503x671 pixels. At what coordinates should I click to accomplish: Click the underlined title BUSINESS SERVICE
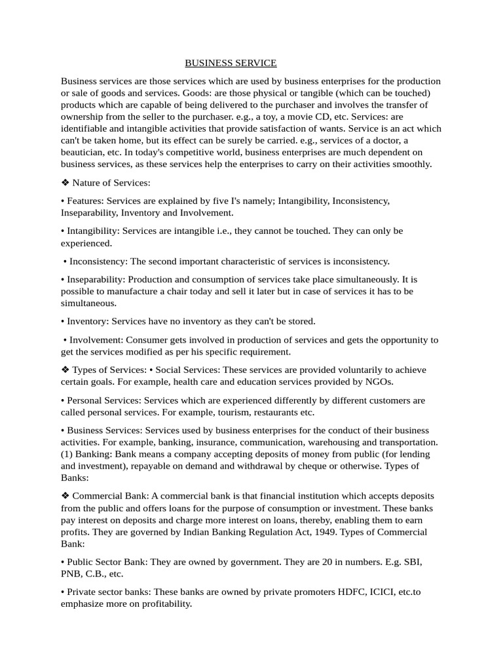(231, 63)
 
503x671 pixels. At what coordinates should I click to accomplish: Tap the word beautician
(83, 152)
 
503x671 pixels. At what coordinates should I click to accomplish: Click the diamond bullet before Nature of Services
(65, 183)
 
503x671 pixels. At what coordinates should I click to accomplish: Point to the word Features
(84, 201)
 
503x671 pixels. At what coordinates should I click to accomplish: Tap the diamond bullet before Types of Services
(65, 370)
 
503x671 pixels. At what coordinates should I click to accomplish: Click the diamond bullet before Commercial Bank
(65, 496)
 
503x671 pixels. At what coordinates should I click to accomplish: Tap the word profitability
(162, 604)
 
